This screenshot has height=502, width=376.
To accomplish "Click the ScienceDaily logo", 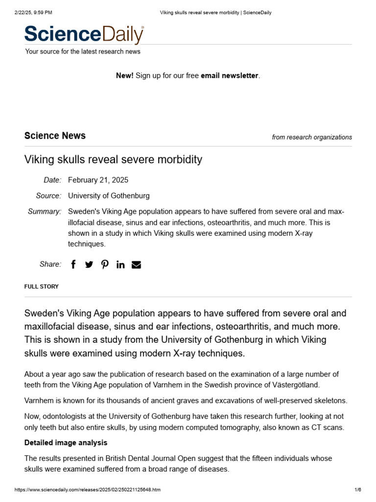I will click(x=84, y=34).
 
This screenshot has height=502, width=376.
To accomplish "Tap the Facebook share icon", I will click(x=73, y=265).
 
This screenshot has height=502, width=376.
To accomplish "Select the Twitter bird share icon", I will click(x=89, y=265).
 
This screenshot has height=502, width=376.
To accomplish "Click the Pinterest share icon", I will click(x=105, y=265).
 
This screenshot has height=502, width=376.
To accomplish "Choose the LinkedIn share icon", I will click(x=120, y=265).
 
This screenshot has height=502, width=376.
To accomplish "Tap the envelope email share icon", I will click(x=137, y=265).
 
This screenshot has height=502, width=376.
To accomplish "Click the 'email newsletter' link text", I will click(x=229, y=75).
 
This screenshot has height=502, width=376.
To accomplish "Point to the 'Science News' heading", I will click(x=55, y=136).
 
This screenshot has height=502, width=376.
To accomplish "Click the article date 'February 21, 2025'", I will click(x=98, y=180).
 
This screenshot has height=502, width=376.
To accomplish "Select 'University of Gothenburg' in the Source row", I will click(x=109, y=196).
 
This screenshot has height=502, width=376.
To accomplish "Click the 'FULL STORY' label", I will click(x=42, y=286).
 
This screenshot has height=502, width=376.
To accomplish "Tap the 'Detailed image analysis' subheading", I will click(x=66, y=443).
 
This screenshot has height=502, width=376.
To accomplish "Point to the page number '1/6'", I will click(x=357, y=490).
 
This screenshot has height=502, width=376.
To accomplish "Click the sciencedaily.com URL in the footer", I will click(x=88, y=490).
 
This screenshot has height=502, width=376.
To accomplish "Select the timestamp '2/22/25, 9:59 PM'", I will click(x=34, y=12).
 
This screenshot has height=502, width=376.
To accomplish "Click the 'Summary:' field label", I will click(x=45, y=211).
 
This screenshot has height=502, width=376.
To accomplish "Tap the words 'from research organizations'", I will click(x=312, y=137).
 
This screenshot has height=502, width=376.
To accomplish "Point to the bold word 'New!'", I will click(x=124, y=75).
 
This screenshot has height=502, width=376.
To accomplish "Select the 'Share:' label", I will click(x=50, y=264).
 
